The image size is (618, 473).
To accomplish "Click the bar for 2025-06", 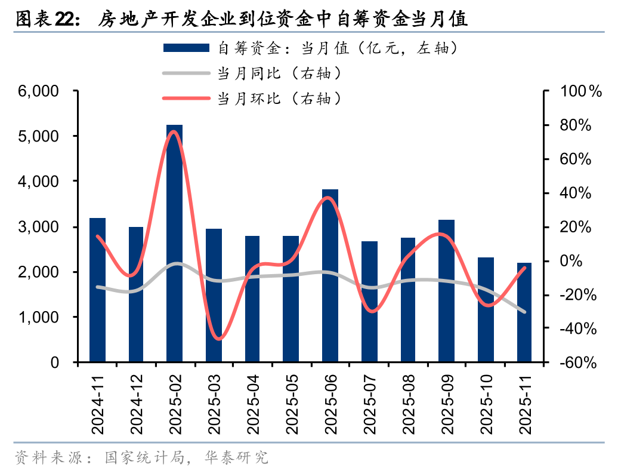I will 330,276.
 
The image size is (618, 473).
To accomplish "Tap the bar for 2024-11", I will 97,290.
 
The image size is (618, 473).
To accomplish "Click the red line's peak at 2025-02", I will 173,131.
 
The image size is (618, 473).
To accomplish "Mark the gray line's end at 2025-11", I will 525,312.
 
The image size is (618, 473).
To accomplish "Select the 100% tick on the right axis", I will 578,91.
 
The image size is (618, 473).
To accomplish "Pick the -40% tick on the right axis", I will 576,328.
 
